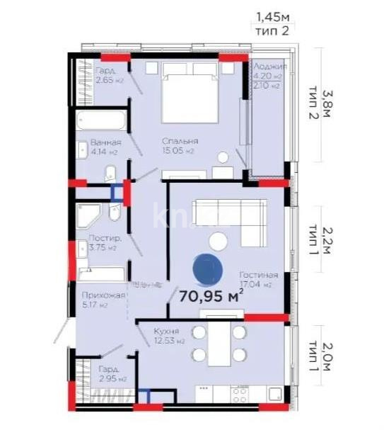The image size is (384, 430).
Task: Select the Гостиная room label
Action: [x=258, y=275]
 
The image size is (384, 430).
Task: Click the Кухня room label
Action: [x=166, y=331]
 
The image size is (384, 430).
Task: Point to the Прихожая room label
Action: [x=103, y=295]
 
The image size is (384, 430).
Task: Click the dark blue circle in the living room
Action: [x=206, y=268]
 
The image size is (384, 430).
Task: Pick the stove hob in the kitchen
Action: [x=240, y=392]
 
